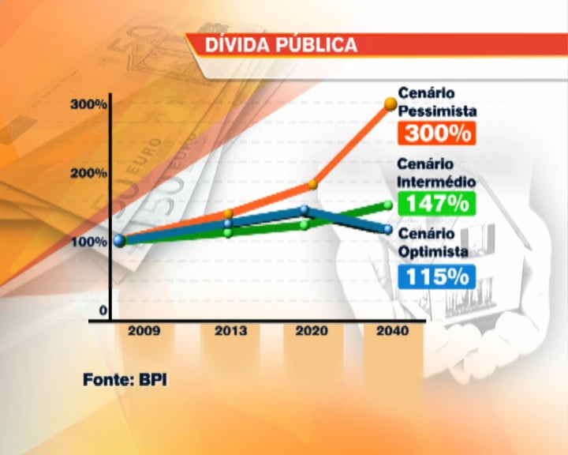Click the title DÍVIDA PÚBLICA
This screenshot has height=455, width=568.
coord(281,45)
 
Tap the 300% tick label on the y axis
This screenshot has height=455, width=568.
coord(88,105)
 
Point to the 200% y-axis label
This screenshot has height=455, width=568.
coord(88,174)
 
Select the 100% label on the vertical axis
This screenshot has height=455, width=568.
coord(88,241)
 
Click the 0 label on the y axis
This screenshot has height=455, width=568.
coord(103,310)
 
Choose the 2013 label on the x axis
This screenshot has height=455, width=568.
coord(230,332)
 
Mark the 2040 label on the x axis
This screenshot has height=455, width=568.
coord(392,332)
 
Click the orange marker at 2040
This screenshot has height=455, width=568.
coord(390,103)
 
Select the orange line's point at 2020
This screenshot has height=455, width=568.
coord(312,184)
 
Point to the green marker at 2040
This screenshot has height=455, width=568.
coord(388,205)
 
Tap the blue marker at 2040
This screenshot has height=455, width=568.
coord(387,230)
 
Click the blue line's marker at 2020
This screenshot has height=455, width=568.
coord(305,210)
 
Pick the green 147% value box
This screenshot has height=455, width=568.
coord(439,203)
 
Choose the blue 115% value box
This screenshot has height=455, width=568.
coord(439,276)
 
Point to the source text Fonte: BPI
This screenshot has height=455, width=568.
coord(125,379)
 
